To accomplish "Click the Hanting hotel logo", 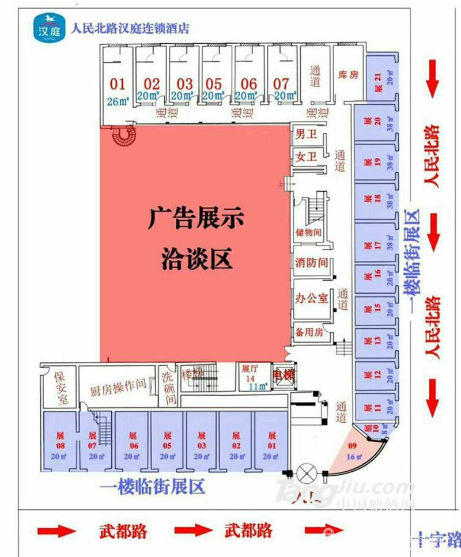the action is pyautogui.click(x=48, y=27).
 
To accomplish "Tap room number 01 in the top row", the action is pyautogui.click(x=117, y=84).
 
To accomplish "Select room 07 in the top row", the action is pyautogui.click(x=281, y=84).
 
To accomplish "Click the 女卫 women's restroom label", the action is pyautogui.click(x=303, y=156).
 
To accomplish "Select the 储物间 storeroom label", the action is pyautogui.click(x=310, y=233).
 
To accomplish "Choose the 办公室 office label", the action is pyautogui.click(x=311, y=298).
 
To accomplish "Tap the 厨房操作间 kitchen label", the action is pyautogui.click(x=118, y=389).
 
